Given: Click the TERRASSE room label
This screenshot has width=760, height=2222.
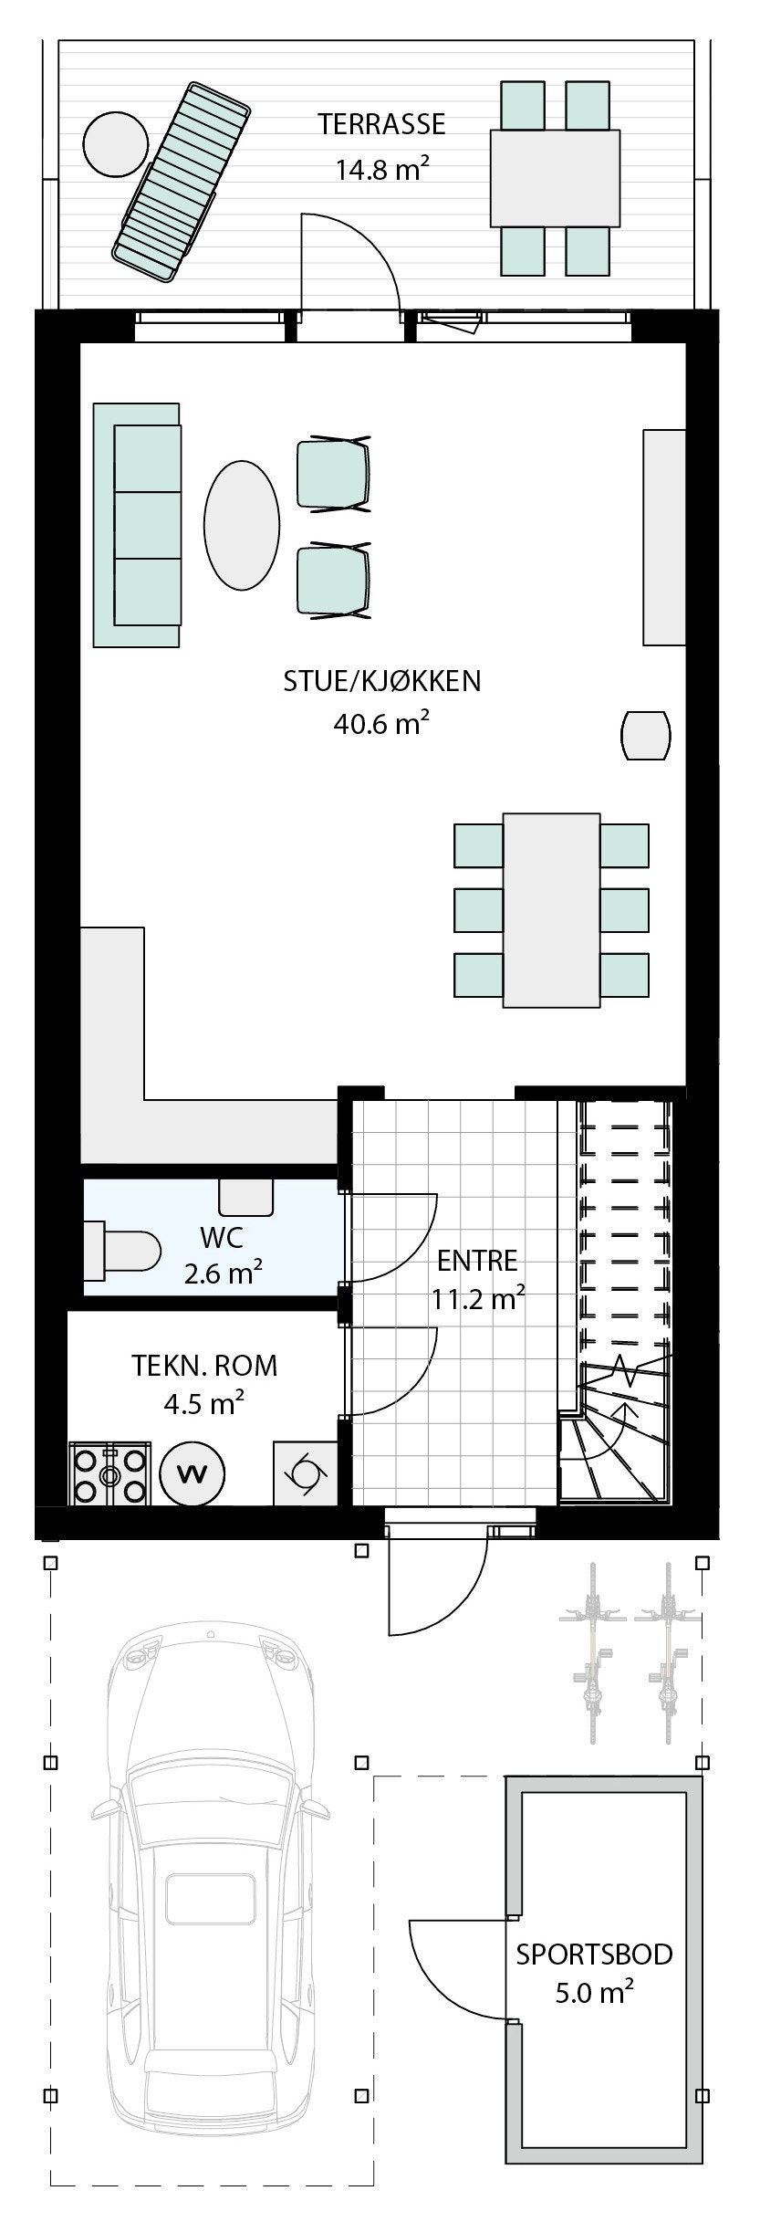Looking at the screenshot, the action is click(381, 124).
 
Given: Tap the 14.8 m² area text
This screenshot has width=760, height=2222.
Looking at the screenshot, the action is click(382, 169).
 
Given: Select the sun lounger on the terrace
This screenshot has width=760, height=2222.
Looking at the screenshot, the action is click(181, 181).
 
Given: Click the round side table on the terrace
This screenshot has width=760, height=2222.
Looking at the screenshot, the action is click(115, 143).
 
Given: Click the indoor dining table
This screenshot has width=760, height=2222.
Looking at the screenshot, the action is click(551, 910).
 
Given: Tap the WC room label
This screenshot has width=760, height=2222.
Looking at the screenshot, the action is click(222, 1239).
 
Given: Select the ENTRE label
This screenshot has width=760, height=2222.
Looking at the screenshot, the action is click(477, 1261).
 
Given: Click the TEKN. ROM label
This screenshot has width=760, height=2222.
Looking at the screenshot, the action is click(204, 1366).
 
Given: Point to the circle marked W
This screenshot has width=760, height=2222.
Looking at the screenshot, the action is click(192, 1473).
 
